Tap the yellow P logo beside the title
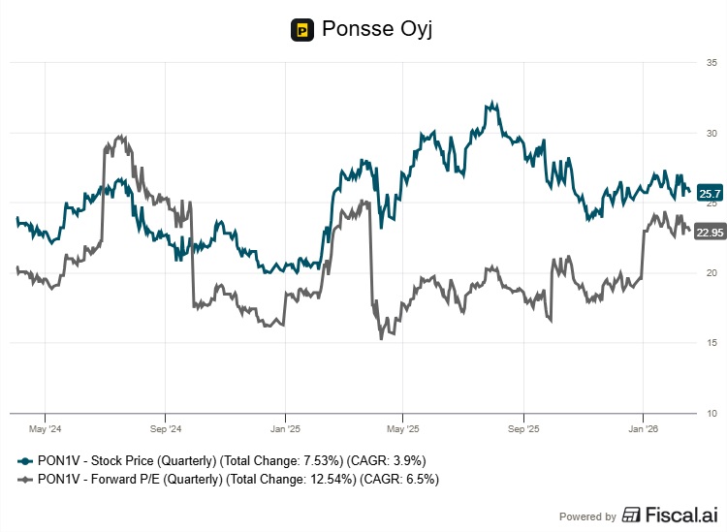[x=302, y=30]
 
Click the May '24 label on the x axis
[x=46, y=427]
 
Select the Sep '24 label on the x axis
[x=165, y=427]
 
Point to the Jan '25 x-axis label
[x=285, y=427]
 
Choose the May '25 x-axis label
[x=403, y=427]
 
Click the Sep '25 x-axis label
[x=523, y=427]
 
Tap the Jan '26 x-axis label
[x=644, y=427]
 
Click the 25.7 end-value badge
[x=711, y=194]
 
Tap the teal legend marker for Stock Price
[x=22, y=460]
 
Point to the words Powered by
[x=587, y=516]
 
